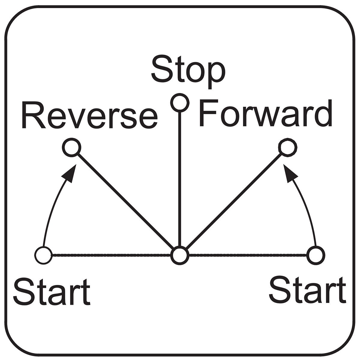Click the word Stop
[x=188, y=73]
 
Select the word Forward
[x=265, y=113]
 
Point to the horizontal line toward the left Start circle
[x=112, y=255]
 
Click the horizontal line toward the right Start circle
[x=248, y=255]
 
